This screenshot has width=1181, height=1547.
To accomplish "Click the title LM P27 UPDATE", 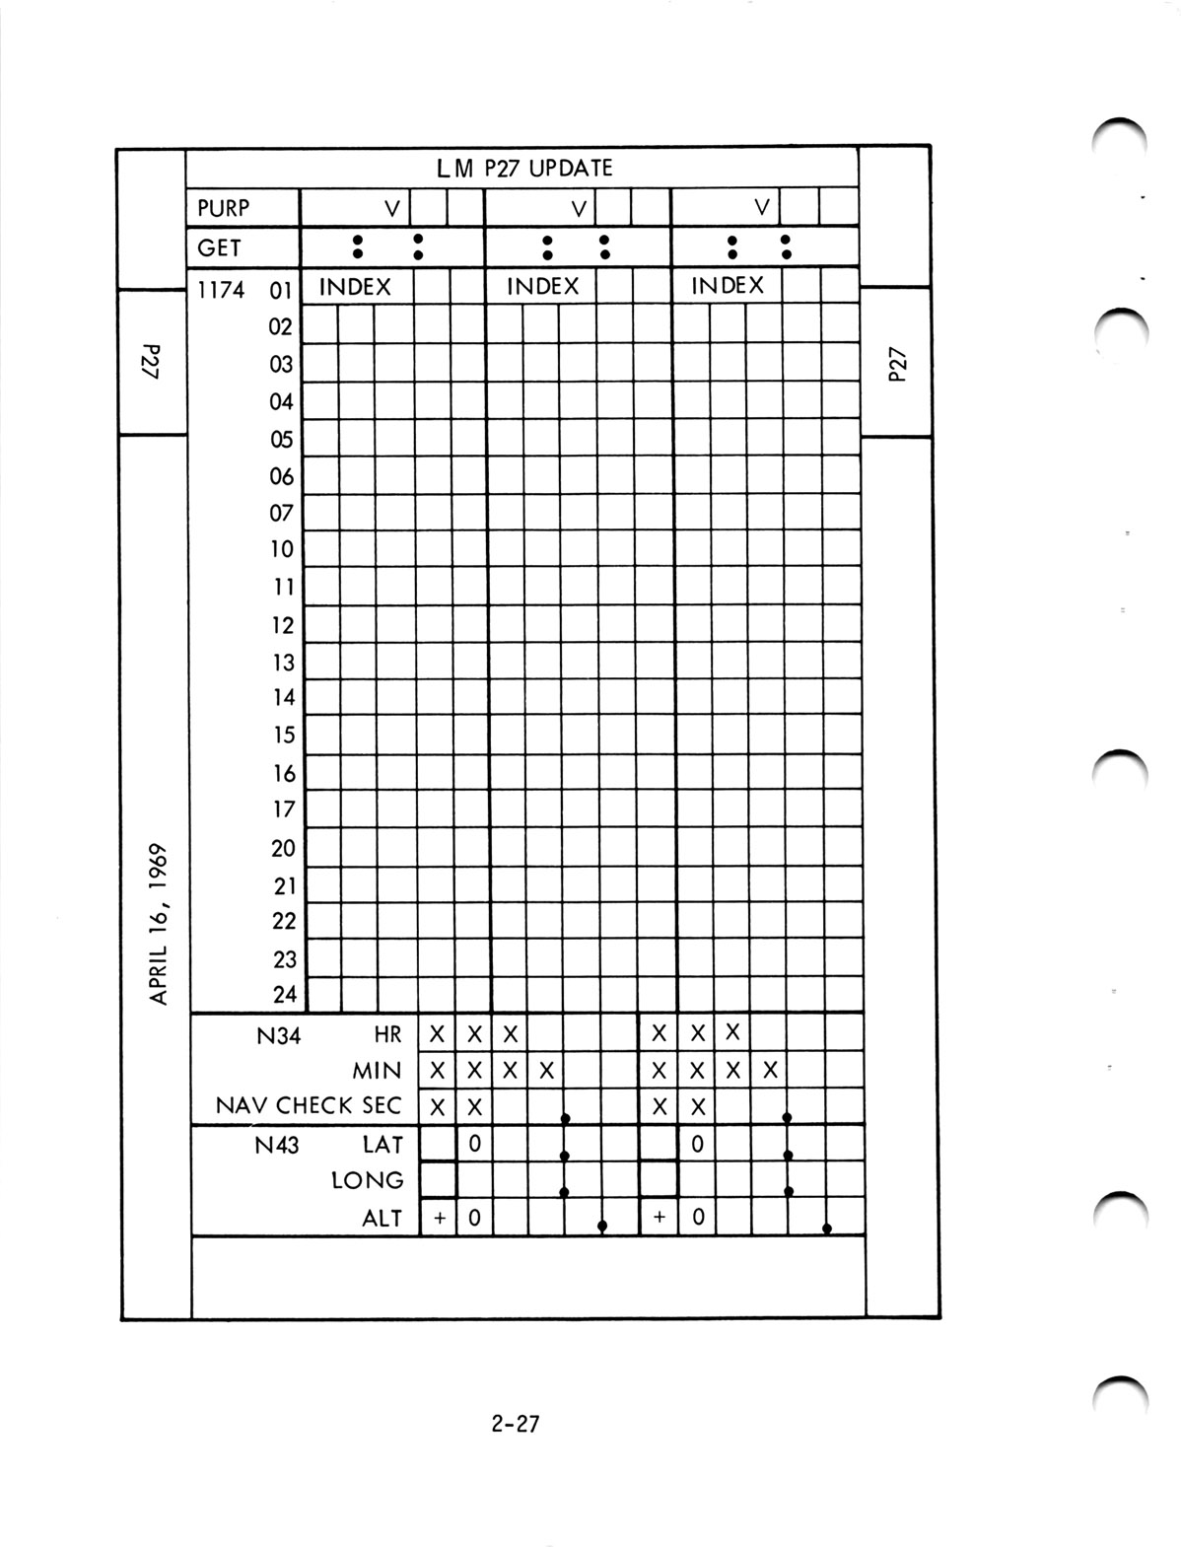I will point(524,168).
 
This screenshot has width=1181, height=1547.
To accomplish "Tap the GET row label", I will point(219,248).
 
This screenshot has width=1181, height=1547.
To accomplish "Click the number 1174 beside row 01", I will point(221,290).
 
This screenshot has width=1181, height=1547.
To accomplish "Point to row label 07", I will point(282,513).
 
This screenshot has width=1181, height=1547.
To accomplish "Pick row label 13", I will point(283,662).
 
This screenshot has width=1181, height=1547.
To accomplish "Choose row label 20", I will point(283,848).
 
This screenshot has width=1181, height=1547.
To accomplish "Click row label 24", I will point(284,995).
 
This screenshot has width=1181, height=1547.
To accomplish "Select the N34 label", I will point(277,1035).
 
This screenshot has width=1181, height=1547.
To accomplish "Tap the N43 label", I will point(277,1145).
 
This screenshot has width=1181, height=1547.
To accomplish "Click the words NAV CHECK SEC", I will point(309,1106).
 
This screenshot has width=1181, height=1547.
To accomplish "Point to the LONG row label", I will point(368,1180).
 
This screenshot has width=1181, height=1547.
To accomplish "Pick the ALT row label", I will point(382,1219).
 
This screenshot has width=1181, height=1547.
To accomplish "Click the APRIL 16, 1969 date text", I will point(162,923).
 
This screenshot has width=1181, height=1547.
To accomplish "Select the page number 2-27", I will point(515,1424).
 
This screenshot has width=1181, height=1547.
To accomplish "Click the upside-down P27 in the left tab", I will point(151,362).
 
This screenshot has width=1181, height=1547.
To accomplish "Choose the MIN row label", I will point(378,1071).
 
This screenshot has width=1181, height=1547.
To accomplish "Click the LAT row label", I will point(382,1145).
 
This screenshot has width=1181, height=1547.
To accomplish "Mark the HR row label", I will point(388,1035).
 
